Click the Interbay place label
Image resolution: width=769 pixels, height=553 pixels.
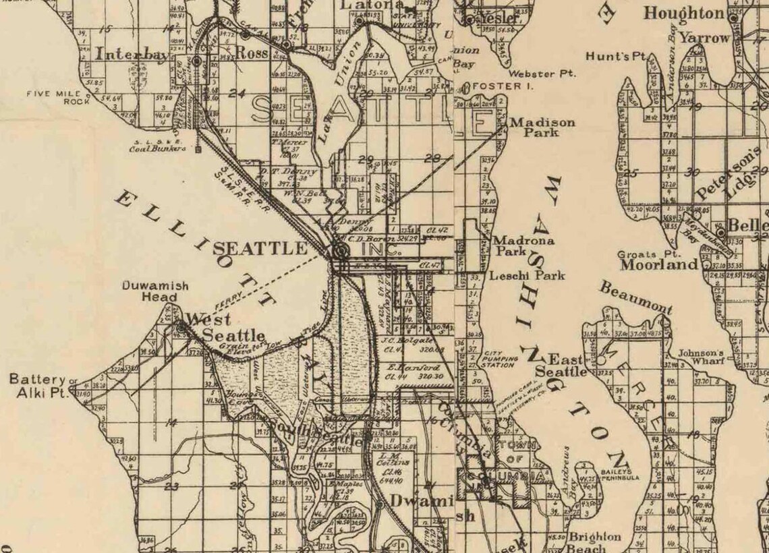pyautogui.click(x=128, y=55)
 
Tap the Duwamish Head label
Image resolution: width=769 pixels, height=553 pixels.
pyautogui.click(x=150, y=291)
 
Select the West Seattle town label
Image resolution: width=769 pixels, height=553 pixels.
pyautogui.click(x=225, y=327)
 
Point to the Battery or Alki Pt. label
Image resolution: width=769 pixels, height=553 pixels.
pyautogui.click(x=39, y=385)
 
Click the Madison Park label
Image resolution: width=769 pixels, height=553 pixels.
pyautogui.click(x=542, y=127)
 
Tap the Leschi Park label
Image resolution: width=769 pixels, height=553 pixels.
pyautogui.click(x=527, y=275)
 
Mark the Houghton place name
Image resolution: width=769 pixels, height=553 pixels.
pyautogui.click(x=683, y=13)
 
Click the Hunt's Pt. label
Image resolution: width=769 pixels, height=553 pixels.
pyautogui.click(x=617, y=57)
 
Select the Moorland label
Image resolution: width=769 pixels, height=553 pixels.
pyautogui.click(x=658, y=265)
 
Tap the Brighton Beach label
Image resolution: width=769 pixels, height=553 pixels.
pyautogui.click(x=594, y=542)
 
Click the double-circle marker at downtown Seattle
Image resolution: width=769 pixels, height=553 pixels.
pyautogui.click(x=340, y=252)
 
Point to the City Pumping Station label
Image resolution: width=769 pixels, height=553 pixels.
pyautogui.click(x=500, y=359)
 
